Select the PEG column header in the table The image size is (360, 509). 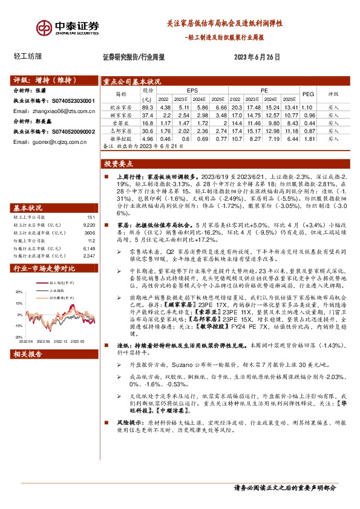point(308,94)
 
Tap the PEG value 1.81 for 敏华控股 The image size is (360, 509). point(308,138)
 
